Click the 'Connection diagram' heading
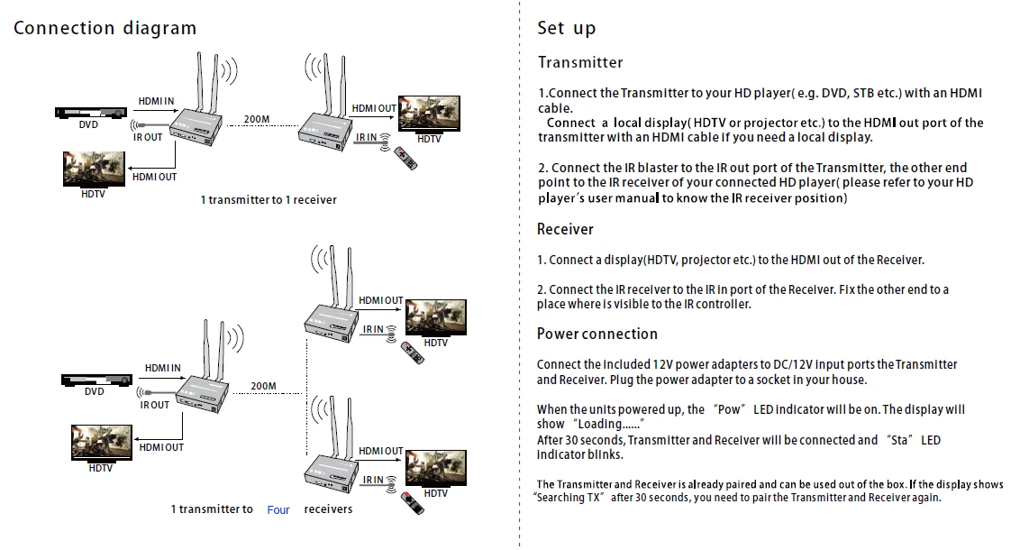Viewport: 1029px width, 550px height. coord(105,28)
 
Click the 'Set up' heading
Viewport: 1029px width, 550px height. coord(567,28)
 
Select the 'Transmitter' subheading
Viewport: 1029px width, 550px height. coord(580,62)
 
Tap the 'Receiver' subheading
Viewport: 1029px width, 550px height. coord(565,229)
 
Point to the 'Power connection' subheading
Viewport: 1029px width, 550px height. coord(596,334)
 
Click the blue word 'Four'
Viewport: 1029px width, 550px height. coord(278,510)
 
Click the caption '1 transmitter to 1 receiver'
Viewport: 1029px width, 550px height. coord(269,199)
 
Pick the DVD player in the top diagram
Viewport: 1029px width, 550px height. coord(88,113)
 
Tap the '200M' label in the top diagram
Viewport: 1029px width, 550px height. coord(257,119)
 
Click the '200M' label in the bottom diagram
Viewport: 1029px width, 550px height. coord(263,386)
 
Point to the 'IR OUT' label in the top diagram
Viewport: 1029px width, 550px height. coord(148,137)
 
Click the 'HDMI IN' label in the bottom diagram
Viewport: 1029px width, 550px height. coord(162,368)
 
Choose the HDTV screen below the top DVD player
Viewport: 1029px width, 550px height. coord(93,170)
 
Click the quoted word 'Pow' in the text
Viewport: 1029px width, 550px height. coord(729,409)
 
